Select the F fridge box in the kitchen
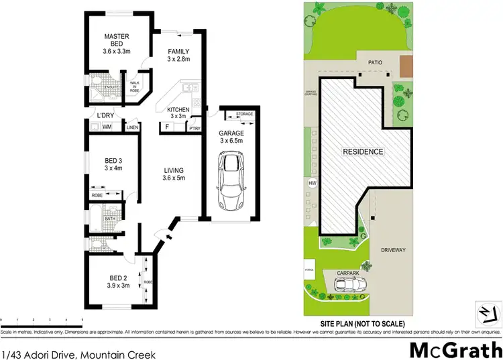[x=167, y=127]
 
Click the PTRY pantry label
[x=194, y=127]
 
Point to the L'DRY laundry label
[x=105, y=115]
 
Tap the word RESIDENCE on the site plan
[x=364, y=152]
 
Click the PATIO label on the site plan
[x=374, y=62]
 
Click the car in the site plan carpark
[x=349, y=286]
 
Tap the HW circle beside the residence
[x=311, y=183]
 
